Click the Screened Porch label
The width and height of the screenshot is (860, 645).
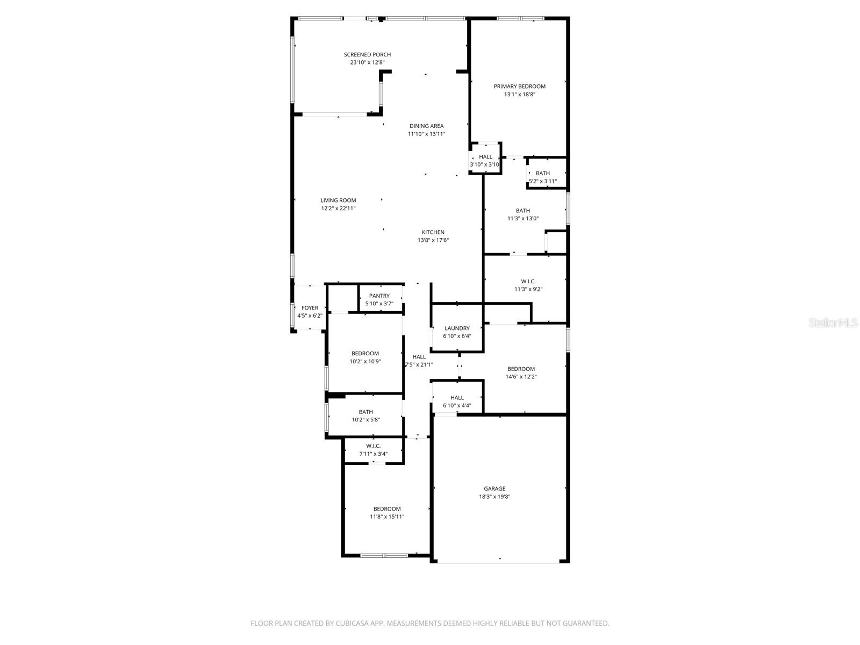tap(367, 54)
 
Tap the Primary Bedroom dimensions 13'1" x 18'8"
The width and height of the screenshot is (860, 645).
tap(519, 94)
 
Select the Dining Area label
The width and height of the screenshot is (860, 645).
tap(426, 126)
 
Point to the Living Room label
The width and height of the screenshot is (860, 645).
tap(338, 200)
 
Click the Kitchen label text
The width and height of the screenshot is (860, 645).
tap(433, 232)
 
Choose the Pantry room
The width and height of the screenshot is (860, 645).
tap(379, 299)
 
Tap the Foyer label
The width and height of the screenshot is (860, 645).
tap(310, 308)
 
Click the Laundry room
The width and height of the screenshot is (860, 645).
tap(457, 332)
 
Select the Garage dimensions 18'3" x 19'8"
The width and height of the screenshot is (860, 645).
tap(494, 497)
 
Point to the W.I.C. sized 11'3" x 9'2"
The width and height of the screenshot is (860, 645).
tap(528, 285)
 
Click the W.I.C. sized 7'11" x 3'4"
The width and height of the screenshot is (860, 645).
tap(373, 449)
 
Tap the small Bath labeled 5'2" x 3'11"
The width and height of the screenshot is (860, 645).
tap(542, 177)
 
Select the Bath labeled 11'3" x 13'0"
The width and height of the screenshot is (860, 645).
tap(522, 214)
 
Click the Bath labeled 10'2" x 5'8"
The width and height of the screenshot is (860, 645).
tap(365, 415)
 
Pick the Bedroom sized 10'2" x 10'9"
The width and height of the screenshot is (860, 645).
tap(365, 357)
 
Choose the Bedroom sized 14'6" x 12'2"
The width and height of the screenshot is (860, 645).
tap(521, 372)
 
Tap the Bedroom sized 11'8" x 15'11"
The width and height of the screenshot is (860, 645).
tap(387, 512)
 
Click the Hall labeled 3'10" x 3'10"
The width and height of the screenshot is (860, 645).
tap(485, 160)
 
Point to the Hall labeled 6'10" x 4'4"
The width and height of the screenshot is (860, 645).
tap(457, 401)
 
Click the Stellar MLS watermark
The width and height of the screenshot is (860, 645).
tap(833, 322)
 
